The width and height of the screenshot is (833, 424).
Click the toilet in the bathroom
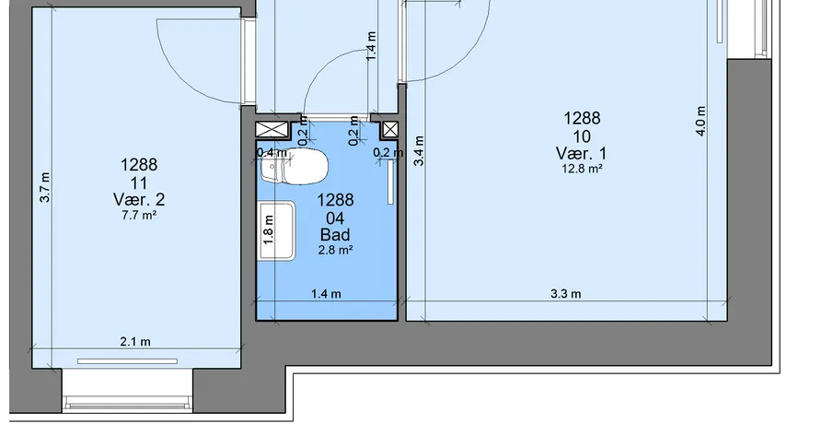tap(294, 167)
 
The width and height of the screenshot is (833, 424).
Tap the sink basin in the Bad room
tap(276, 231)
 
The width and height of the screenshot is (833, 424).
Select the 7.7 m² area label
tap(139, 216)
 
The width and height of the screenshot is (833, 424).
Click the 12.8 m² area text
tap(583, 170)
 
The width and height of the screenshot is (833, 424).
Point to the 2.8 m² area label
tap(336, 250)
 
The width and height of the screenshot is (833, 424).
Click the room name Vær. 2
tap(139, 199)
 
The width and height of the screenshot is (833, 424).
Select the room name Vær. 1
tap(582, 153)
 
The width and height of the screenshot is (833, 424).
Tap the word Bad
tap(335, 235)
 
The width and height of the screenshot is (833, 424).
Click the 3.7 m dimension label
tap(45, 187)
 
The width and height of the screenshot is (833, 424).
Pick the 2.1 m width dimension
tap(135, 342)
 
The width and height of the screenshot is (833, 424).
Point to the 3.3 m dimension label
tap(565, 294)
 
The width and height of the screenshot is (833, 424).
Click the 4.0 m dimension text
tap(700, 122)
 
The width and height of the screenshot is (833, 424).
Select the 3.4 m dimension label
tap(419, 150)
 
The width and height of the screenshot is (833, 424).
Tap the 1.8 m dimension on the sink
tap(269, 230)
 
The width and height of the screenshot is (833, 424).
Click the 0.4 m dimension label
tap(272, 153)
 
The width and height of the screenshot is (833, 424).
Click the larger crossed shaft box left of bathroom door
tap(272, 129)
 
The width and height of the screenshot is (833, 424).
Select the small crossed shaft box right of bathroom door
tap(390, 129)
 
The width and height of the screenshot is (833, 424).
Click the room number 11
tap(139, 183)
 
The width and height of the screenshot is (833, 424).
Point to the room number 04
tap(335, 218)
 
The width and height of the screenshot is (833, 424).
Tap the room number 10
tap(582, 137)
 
